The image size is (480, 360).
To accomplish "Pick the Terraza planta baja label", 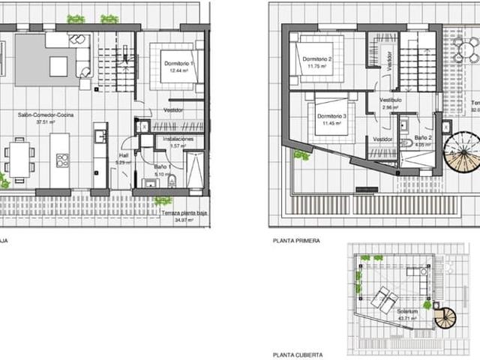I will pyautogui.click(x=184, y=214).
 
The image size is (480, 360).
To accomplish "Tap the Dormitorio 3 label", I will pyautogui.click(x=331, y=116).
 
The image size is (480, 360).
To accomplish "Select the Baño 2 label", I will pyautogui.click(x=424, y=139).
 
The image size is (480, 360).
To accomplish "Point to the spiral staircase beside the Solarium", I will pyautogui.click(x=445, y=318).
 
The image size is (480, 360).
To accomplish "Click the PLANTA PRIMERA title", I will pyautogui.click(x=298, y=241).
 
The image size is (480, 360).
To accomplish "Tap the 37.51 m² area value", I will pyautogui.click(x=45, y=123).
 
